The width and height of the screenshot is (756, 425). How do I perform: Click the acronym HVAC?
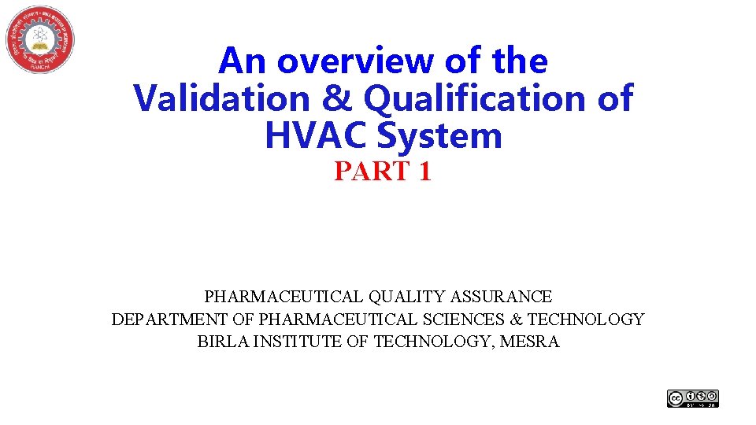[309, 135]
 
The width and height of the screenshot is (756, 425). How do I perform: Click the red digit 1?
[424, 172]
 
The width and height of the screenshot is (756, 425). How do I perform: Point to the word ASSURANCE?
[502, 297]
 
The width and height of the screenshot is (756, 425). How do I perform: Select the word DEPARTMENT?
[161, 320]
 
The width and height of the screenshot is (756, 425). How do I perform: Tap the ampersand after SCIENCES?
[517, 320]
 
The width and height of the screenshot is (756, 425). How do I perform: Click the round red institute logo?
[40, 39]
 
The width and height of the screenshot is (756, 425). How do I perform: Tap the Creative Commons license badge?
[693, 399]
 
